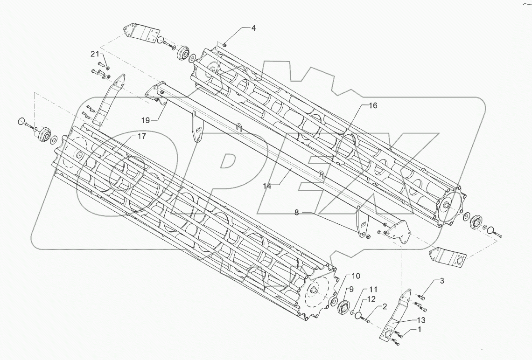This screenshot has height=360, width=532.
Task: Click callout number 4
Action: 253,28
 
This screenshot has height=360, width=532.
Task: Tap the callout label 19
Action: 146,120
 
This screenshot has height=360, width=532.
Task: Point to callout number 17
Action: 141,136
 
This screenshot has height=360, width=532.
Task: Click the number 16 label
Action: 373,106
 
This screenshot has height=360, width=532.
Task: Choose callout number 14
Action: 266,186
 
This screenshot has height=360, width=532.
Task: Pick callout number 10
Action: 356,275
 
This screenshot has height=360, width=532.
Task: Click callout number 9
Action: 351,289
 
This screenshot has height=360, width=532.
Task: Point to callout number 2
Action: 384,307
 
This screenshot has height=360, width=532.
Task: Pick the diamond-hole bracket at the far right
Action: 448,257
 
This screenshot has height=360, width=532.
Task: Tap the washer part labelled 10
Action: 335,302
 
